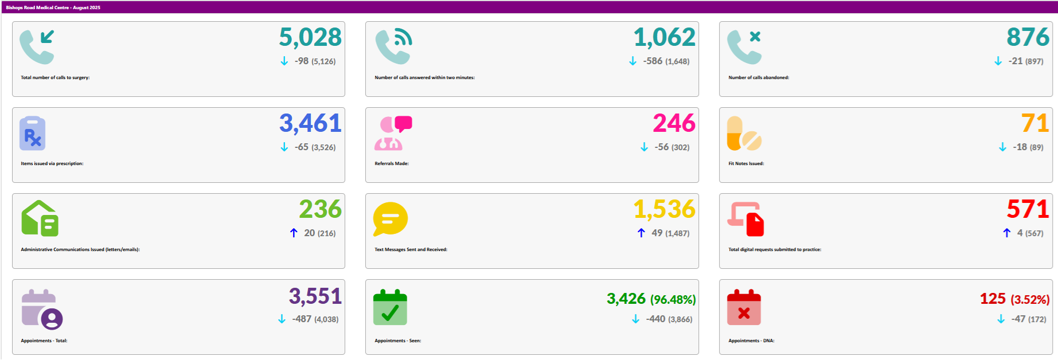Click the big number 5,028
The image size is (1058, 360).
pyautogui.click(x=310, y=38)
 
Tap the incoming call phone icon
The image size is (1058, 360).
pyautogui.click(x=37, y=46)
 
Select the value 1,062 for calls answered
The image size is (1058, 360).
pyautogui.click(x=664, y=38)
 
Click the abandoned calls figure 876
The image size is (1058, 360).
pyautogui.click(x=1028, y=38)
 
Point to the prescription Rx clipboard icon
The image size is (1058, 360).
pyautogui.click(x=33, y=134)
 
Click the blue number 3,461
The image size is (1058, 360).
pyautogui.click(x=310, y=124)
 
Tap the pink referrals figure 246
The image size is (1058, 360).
pyautogui.click(x=674, y=124)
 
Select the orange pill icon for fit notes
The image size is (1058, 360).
pyautogui.click(x=744, y=134)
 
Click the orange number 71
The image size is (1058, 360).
pyautogui.click(x=1034, y=124)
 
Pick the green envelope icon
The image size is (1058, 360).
pyautogui.click(x=40, y=218)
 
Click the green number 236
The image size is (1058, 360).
pyautogui.click(x=320, y=210)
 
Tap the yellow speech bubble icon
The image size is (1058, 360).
pyautogui.click(x=390, y=218)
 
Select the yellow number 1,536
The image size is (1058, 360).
pyautogui.click(x=664, y=210)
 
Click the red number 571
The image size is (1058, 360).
pyautogui.click(x=1028, y=210)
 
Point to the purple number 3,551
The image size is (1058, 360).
pyautogui.click(x=315, y=296)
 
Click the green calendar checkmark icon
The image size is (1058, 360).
pyautogui.click(x=390, y=308)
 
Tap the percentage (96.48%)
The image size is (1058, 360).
pyautogui.click(x=673, y=300)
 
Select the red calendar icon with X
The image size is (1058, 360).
pyautogui.click(x=744, y=308)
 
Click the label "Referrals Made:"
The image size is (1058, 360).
pyautogui.click(x=392, y=163)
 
